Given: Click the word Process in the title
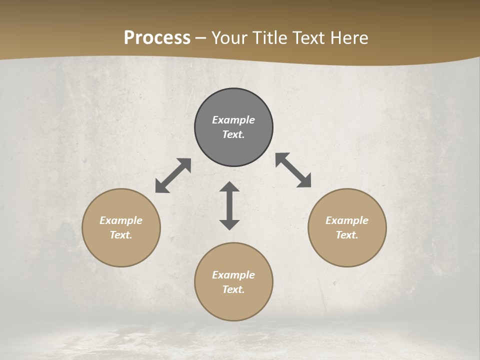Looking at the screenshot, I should [x=157, y=38].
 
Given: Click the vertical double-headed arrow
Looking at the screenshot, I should [x=229, y=205].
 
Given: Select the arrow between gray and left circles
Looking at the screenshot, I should [x=173, y=175].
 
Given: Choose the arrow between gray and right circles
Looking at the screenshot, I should [x=293, y=170].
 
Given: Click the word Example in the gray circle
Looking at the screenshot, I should [x=233, y=120].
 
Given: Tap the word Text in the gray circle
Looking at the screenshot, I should [x=233, y=134].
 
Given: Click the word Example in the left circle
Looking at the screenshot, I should [x=121, y=220].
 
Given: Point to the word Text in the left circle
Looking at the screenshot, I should [x=121, y=235].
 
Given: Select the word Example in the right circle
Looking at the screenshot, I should [x=347, y=220].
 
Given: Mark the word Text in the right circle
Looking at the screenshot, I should [x=347, y=235].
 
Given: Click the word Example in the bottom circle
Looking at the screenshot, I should [x=233, y=275].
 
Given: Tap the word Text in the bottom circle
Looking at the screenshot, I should [x=233, y=289].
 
